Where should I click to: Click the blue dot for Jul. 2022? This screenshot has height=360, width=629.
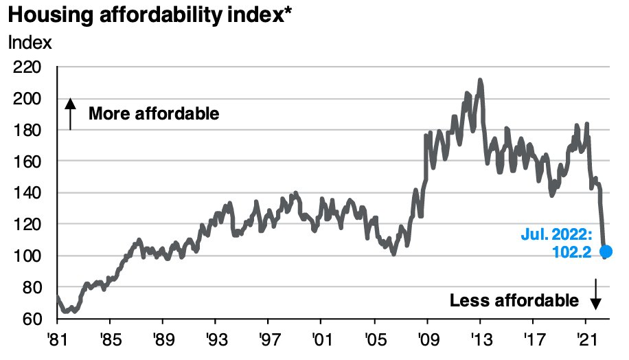click(x=606, y=252)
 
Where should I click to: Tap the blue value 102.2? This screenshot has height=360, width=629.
click(x=571, y=254)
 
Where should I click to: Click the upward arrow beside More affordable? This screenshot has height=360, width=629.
click(x=70, y=113)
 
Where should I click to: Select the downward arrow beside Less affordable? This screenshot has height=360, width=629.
click(x=595, y=293)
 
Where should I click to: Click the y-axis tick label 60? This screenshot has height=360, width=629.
click(x=32, y=319)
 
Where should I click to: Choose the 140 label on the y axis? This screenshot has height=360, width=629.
click(x=27, y=193)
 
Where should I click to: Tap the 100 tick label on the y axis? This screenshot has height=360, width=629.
click(x=27, y=256)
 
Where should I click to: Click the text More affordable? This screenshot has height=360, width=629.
click(x=154, y=113)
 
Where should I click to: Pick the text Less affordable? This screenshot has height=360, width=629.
click(x=514, y=300)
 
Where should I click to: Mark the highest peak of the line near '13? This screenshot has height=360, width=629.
click(x=480, y=80)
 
